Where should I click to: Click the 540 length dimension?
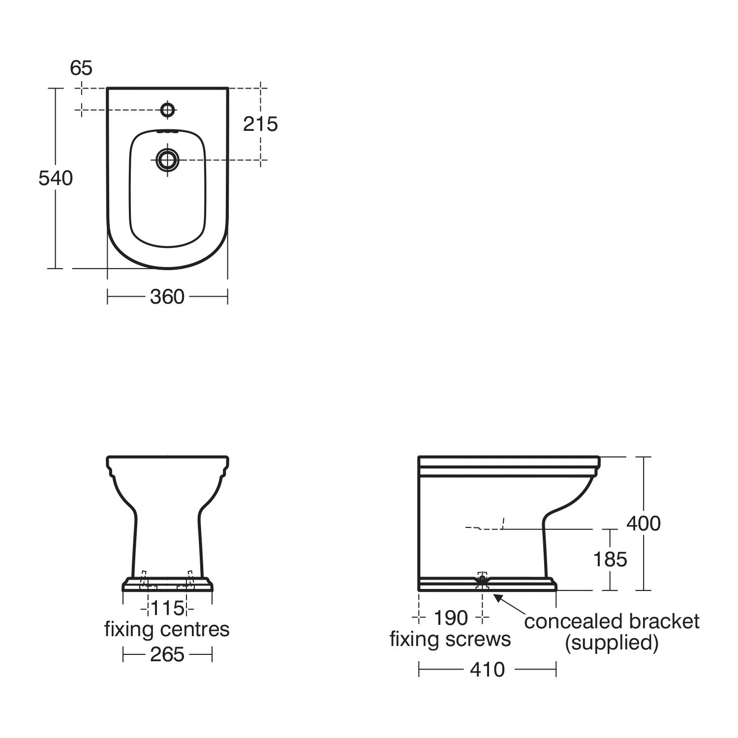(x=56, y=178)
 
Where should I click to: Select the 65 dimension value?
(x=81, y=68)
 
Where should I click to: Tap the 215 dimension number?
(x=260, y=124)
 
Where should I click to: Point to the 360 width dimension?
(x=167, y=297)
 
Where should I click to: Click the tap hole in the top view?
(x=168, y=110)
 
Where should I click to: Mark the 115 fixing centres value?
(x=167, y=609)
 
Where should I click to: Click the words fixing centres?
(x=167, y=630)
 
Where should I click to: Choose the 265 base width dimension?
(x=167, y=655)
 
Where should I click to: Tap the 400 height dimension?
(x=643, y=523)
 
